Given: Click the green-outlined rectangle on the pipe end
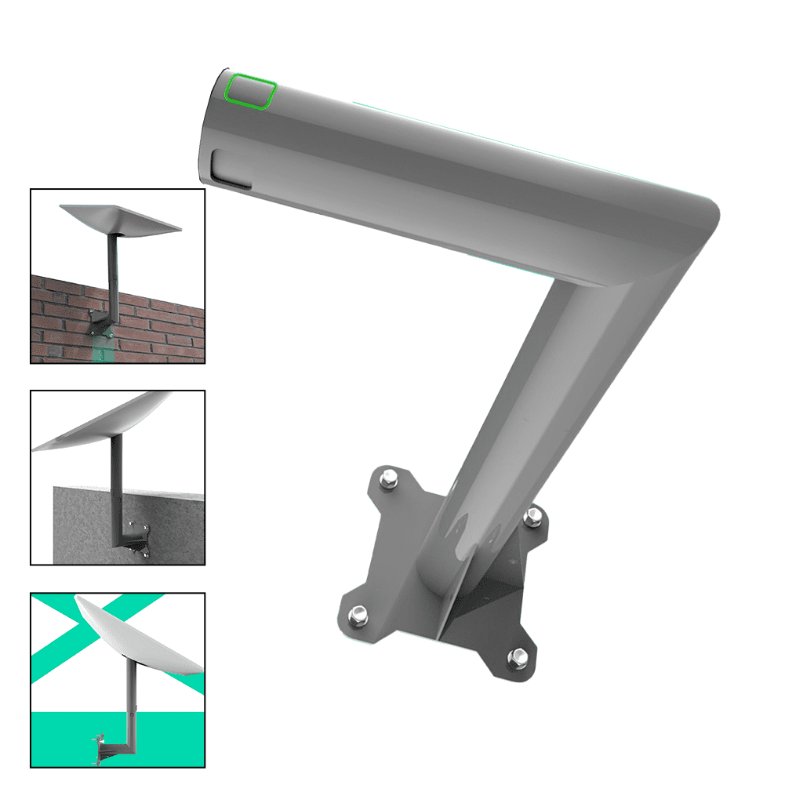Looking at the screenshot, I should (x=250, y=91).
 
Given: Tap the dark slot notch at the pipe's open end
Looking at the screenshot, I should (x=231, y=170).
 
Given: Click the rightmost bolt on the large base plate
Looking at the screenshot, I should (x=533, y=516).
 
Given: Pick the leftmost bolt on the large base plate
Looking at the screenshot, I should (x=356, y=614).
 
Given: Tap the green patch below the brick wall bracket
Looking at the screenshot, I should (x=100, y=349).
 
